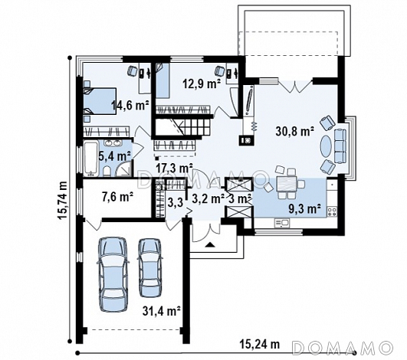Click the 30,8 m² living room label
pos(294,131)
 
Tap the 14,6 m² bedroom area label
pos(130,105)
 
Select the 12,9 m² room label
pos(202,83)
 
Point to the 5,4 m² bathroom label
pos(115,156)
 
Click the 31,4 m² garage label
pos(162,310)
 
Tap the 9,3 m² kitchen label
pos(305,208)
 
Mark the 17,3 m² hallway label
pos(175,169)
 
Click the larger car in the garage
pos(113,274)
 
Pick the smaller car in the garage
pos(149,267)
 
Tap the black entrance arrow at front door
pos(210,244)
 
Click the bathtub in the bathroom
pos(91,159)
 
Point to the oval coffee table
pos(326,146)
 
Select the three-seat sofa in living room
pos(340,146)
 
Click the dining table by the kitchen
pos(287,183)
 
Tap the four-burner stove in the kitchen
pos(332,211)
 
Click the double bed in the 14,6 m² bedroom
pos(100,101)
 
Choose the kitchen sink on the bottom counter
pos(282,223)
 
